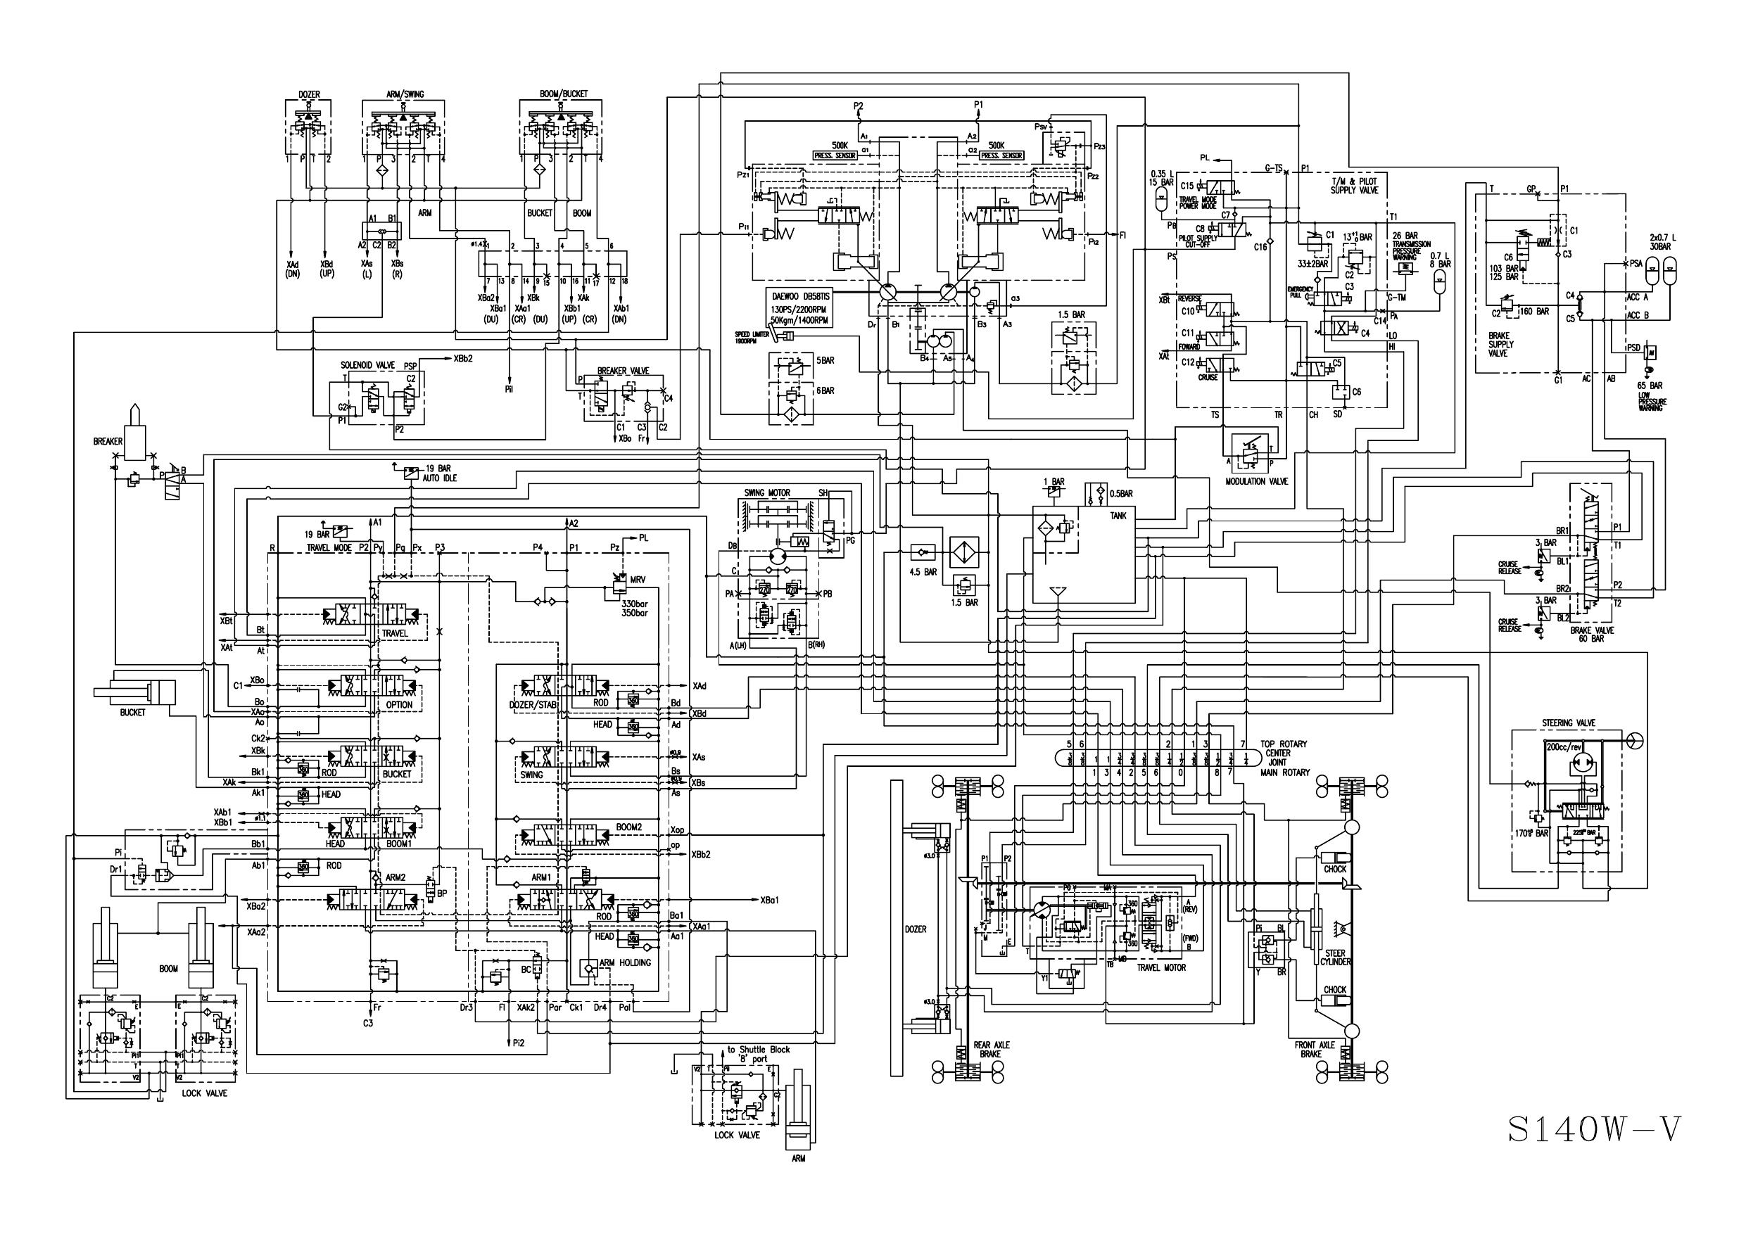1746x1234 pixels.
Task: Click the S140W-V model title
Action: (1594, 1130)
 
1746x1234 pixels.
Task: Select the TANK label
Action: (1118, 516)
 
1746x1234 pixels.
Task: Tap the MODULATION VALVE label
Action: (1256, 481)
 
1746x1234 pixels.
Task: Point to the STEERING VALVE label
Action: (1568, 723)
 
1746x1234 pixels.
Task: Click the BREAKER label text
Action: (108, 442)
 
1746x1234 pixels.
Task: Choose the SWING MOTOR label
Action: (767, 493)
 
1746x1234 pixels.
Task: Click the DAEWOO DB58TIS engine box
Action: (799, 307)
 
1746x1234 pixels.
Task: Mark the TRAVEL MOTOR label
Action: (1161, 968)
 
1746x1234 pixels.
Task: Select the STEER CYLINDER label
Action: (1334, 958)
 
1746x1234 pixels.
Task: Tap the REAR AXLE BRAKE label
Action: (992, 1049)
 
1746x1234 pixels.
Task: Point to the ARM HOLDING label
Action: (625, 962)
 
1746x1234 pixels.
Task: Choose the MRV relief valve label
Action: (638, 580)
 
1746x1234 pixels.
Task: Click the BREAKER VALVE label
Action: (623, 371)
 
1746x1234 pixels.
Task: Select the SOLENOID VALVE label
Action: (367, 366)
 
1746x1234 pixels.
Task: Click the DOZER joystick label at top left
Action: (309, 95)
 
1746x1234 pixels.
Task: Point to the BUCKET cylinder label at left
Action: (132, 713)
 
